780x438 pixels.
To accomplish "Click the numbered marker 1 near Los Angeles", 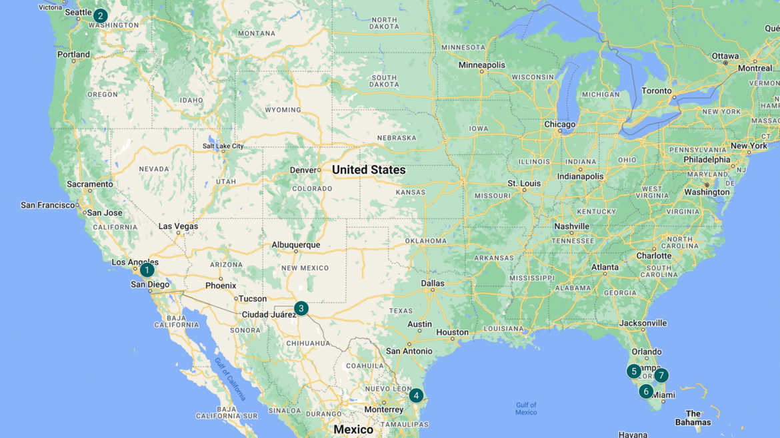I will [x=147, y=270].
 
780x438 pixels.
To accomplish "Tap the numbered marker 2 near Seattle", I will [x=100, y=16].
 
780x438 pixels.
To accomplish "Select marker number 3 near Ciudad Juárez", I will [x=301, y=308].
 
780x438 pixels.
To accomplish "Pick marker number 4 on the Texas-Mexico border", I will [x=416, y=395].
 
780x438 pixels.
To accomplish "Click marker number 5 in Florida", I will [x=634, y=371].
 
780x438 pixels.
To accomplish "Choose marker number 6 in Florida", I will [x=645, y=391].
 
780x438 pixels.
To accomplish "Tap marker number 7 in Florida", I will [x=661, y=375].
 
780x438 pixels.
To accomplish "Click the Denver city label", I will [x=303, y=170].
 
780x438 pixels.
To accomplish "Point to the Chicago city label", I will [x=559, y=124].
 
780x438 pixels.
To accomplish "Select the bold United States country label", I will [x=369, y=170].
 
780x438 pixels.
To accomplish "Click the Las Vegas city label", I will [x=178, y=226].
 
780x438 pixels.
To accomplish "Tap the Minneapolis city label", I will [x=481, y=65].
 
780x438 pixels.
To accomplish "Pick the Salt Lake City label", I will [x=223, y=146].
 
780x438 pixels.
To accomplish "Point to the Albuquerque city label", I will [x=295, y=245].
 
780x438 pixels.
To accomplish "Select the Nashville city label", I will [x=571, y=226].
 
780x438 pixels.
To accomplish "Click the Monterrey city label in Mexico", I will [x=384, y=409].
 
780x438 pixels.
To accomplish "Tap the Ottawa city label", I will [x=725, y=56].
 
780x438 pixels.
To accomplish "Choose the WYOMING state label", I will [x=283, y=110].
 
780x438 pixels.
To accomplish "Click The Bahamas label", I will [x=693, y=418].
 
